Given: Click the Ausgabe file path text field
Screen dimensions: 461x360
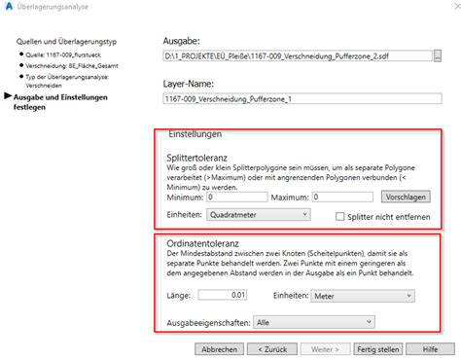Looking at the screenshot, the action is [301, 57].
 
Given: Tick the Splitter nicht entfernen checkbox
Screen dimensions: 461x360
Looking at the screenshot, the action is [340, 215].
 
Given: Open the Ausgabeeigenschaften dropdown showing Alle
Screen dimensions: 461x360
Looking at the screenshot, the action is [314, 320].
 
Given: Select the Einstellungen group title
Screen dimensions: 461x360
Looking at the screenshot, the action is [195, 132].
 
